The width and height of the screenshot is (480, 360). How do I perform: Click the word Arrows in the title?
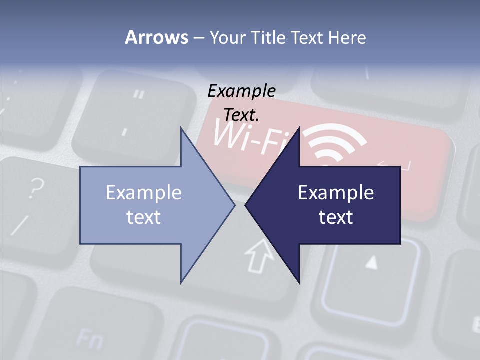[156, 37]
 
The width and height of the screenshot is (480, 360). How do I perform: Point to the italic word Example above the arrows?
[241, 91]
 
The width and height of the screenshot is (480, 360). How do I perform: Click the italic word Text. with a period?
[241, 115]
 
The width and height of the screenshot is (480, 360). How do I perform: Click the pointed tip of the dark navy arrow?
[246, 205]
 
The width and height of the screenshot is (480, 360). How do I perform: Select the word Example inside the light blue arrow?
[144, 192]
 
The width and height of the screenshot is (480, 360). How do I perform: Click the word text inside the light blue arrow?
[144, 217]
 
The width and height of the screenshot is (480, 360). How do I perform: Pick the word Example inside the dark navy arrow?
[336, 192]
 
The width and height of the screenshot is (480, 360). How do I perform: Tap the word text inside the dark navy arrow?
[336, 217]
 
